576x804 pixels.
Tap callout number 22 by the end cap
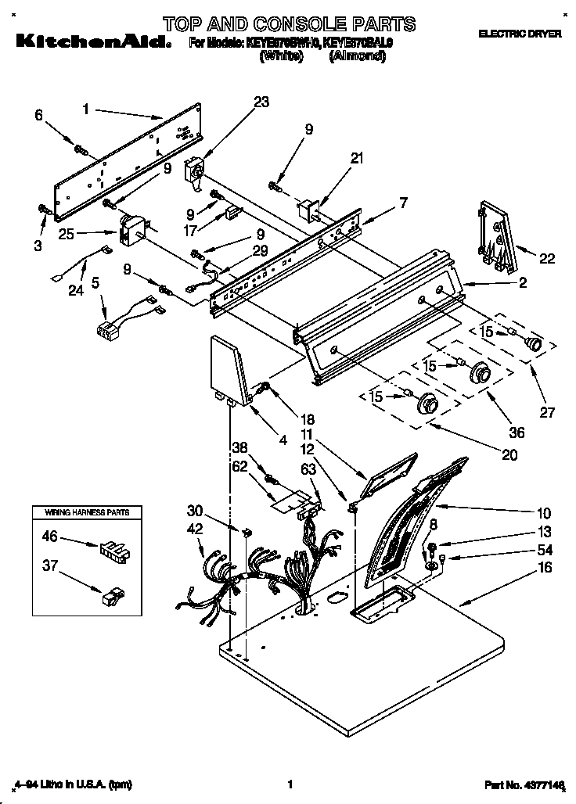[x=547, y=259]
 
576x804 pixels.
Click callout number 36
[x=517, y=433]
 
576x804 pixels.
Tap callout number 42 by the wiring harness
[x=196, y=529]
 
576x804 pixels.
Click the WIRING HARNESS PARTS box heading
[x=80, y=512]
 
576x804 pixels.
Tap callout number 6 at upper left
[x=38, y=115]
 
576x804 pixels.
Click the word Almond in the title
[x=357, y=57]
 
